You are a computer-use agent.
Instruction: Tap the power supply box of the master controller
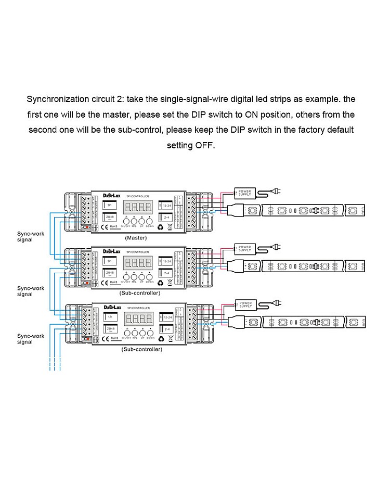(244, 193)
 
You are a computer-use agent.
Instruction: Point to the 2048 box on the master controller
(110, 218)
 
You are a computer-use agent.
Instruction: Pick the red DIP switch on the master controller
(86, 228)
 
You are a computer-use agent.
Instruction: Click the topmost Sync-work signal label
(31, 237)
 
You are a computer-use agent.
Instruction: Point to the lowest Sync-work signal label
(31, 339)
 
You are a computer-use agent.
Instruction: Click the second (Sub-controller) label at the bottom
(141, 349)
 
